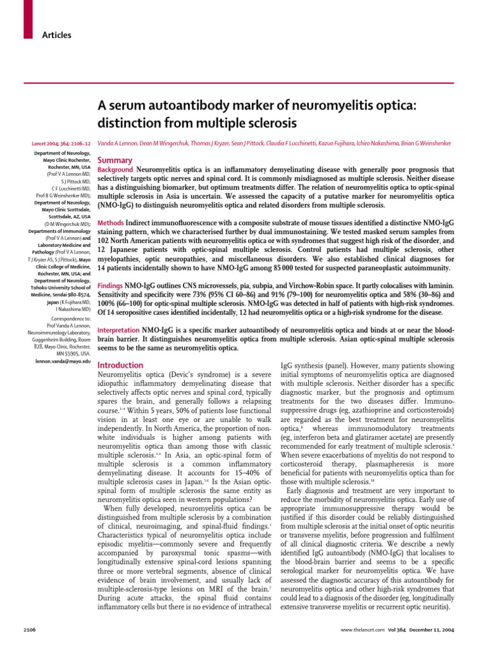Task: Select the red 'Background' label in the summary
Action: [115, 170]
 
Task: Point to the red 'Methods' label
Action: [110, 223]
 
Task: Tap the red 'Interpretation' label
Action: [118, 331]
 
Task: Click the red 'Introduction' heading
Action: [120, 365]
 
